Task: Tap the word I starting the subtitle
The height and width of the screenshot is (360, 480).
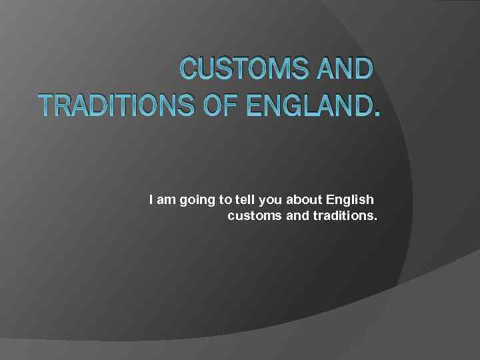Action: (x=151, y=199)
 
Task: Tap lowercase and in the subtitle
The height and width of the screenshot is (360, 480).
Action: (x=292, y=217)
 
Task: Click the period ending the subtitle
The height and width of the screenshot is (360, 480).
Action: (x=375, y=221)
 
